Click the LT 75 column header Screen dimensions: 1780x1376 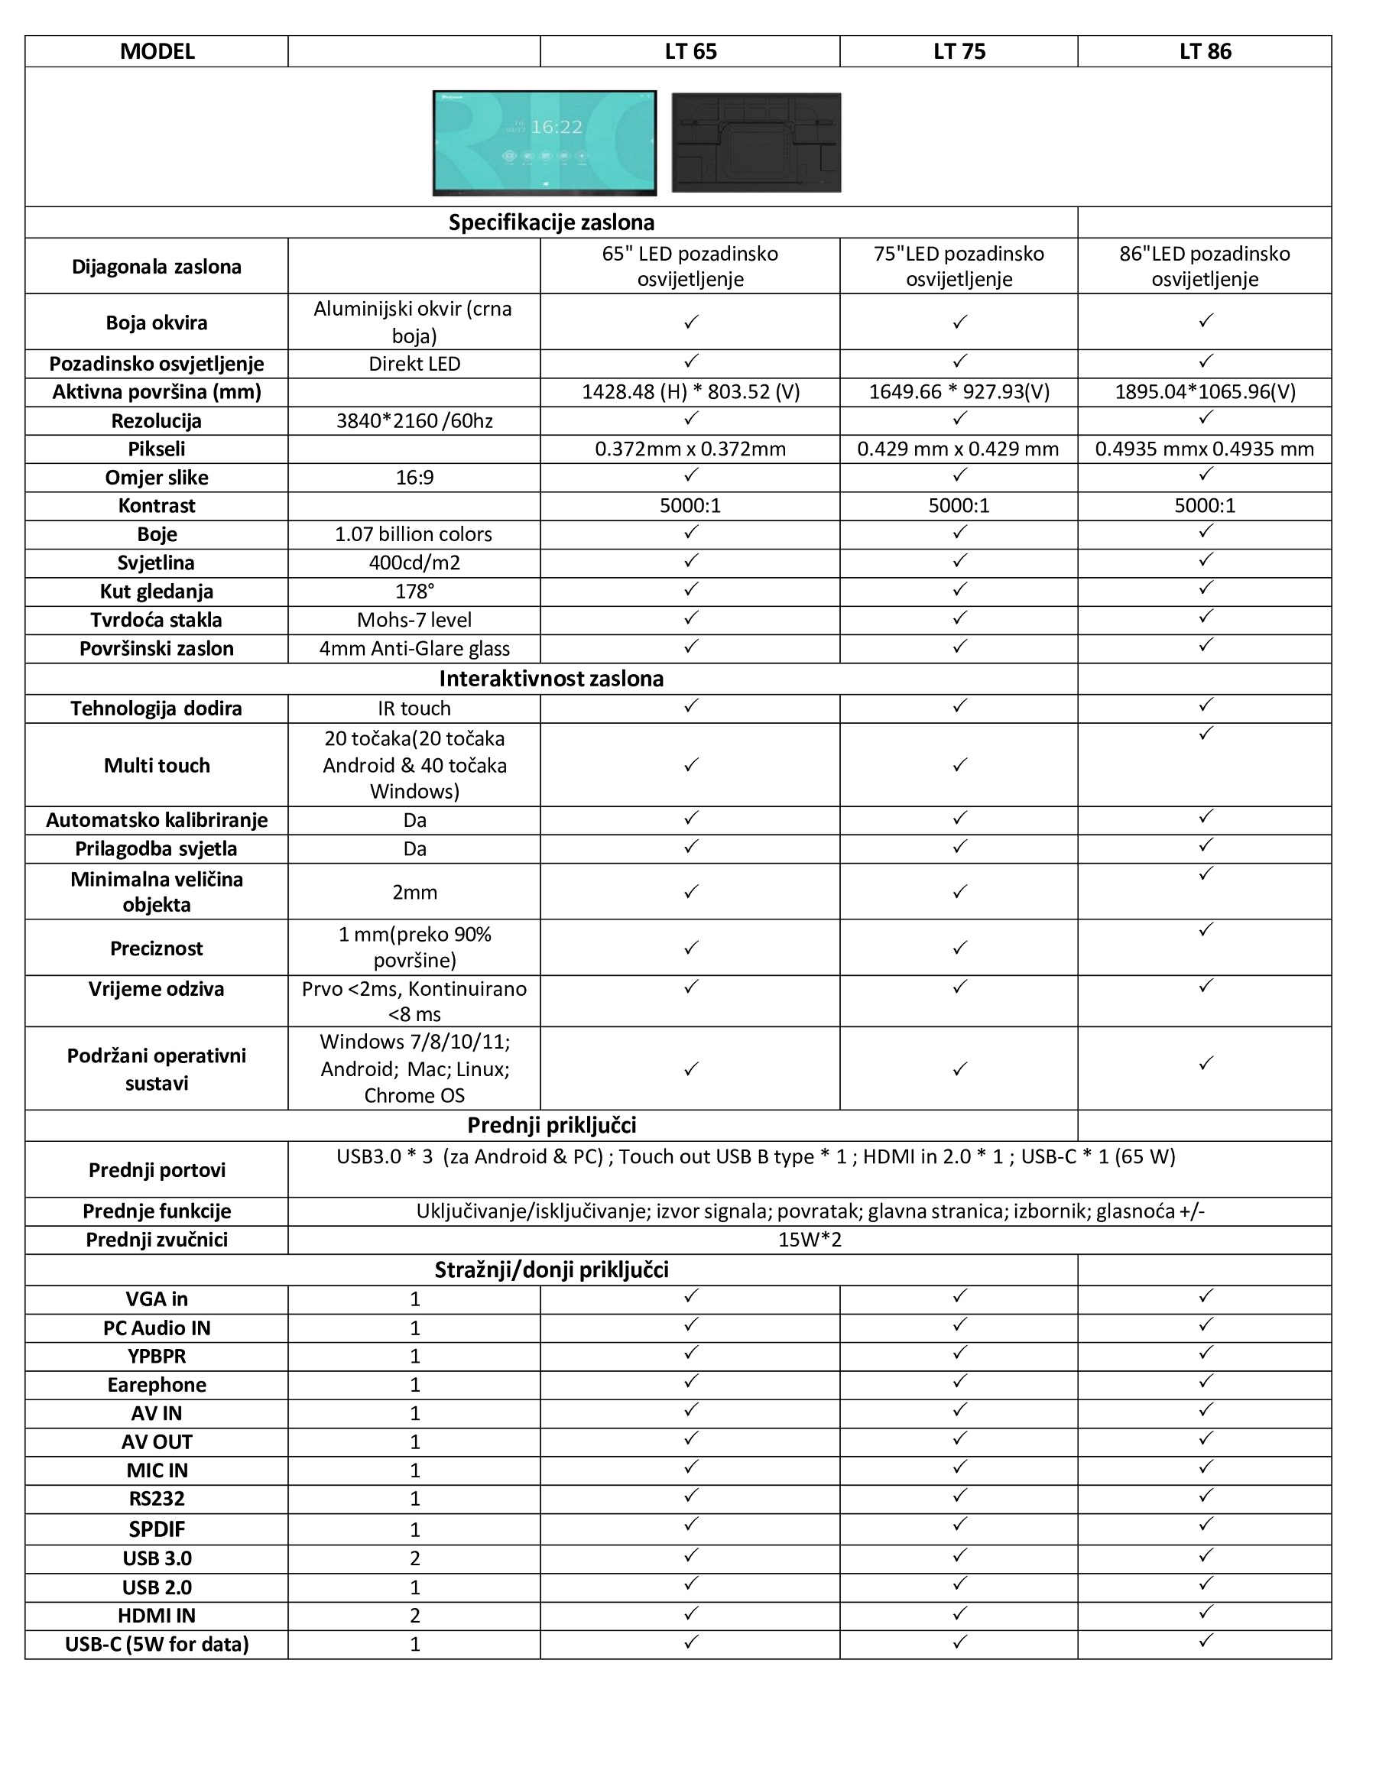point(959,51)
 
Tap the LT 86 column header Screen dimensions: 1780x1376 point(1205,51)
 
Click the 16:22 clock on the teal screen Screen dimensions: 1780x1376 point(557,126)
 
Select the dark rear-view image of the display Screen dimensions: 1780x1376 point(756,143)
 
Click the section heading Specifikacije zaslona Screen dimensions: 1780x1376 point(551,222)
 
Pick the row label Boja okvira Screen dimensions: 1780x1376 point(157,323)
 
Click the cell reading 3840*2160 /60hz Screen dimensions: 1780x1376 point(414,420)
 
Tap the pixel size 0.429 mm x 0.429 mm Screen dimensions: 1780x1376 point(958,449)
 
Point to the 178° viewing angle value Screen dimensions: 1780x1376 point(414,591)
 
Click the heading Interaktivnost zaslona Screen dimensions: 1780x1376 point(551,679)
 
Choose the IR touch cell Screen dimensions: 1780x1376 point(414,708)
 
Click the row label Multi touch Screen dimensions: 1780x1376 point(157,765)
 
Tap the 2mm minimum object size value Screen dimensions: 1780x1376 point(414,893)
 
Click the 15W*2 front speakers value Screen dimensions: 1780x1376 point(810,1240)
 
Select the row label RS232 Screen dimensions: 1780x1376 point(157,1498)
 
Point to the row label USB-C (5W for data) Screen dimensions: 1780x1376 point(157,1644)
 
